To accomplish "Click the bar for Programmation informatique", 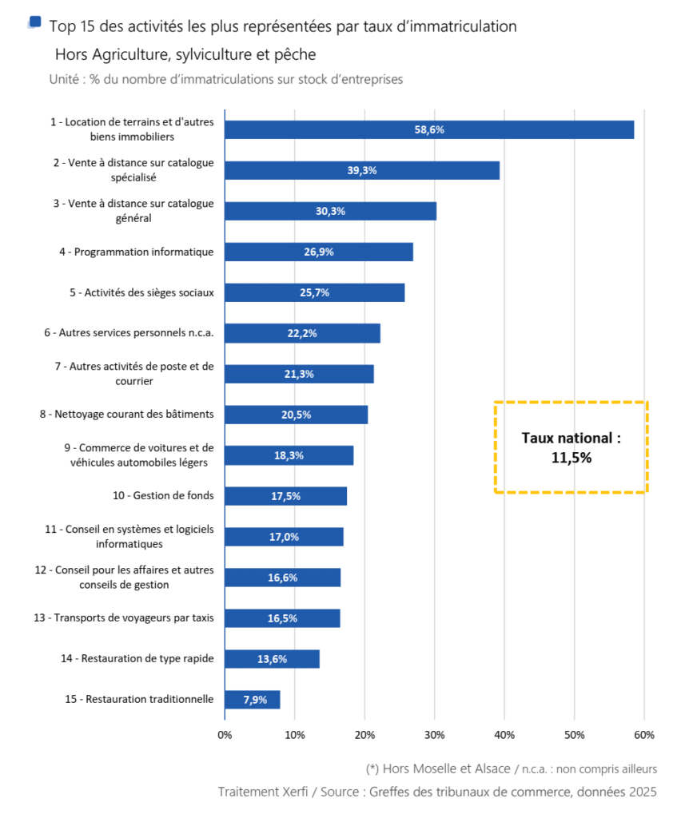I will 318,252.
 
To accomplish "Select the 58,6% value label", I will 428,129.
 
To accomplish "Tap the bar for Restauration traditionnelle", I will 252,699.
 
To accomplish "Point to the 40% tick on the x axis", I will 504,735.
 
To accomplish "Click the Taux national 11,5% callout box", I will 571,447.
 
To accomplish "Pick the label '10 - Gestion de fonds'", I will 163,495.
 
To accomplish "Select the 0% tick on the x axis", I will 225,735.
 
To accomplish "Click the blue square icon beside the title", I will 35,22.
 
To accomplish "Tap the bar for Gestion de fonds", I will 285,496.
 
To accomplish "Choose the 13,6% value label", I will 273,659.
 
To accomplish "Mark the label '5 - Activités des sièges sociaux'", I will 141,292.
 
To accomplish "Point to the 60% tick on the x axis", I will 644,735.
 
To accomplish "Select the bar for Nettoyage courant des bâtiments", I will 296,415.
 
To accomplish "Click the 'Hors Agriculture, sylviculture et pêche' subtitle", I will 185,54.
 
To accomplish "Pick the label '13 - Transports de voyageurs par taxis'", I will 133,617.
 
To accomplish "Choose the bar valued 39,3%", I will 362,170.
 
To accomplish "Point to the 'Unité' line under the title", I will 225,79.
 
